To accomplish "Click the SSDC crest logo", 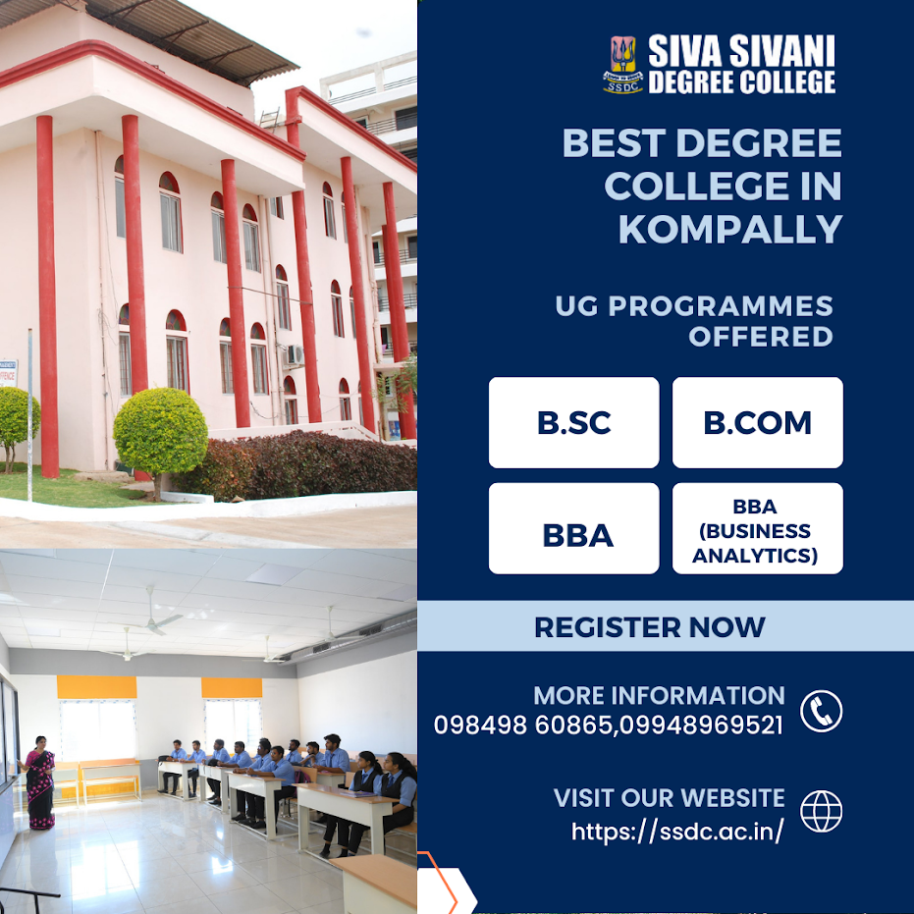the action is [x=623, y=65].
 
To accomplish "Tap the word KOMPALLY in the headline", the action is [x=730, y=229].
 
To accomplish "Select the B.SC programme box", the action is [x=573, y=422].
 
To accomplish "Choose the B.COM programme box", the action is [x=757, y=422].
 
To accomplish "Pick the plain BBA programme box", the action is [x=573, y=528].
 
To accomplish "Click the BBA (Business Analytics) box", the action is [x=757, y=528].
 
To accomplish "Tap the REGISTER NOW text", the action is [x=649, y=627].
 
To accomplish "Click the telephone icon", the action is [x=821, y=711].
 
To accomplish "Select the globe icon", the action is [x=821, y=811].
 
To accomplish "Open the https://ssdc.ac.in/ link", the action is [x=677, y=832].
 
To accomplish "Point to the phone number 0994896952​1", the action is [x=701, y=726].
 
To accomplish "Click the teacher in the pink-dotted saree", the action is [x=38, y=782].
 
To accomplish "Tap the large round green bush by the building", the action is [x=160, y=431].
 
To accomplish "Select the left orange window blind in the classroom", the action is [x=97, y=687].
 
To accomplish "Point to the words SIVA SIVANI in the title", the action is [x=741, y=51].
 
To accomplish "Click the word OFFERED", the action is [x=761, y=337].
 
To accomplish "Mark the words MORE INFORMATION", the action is [x=659, y=695].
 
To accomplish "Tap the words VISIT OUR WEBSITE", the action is [x=669, y=798].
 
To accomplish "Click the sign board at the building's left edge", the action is [x=8, y=373].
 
